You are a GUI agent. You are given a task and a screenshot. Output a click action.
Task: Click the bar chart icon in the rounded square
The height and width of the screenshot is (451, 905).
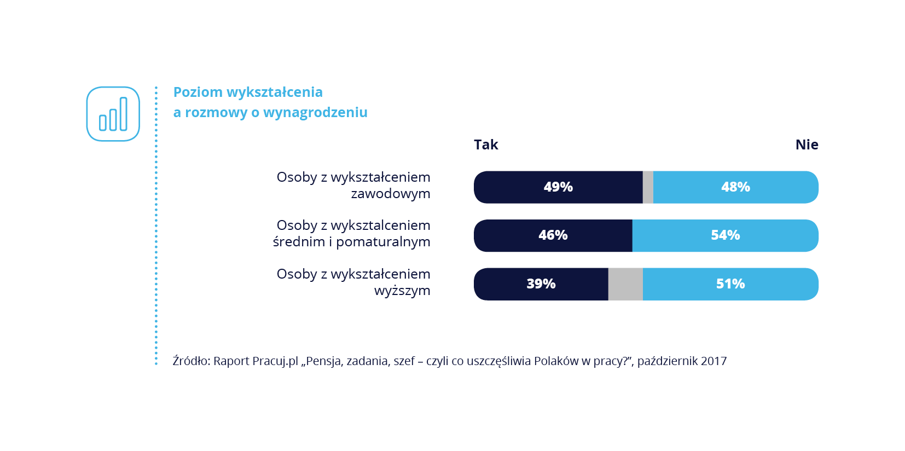pos(113,114)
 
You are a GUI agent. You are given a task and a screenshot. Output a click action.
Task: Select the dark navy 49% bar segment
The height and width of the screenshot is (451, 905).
pos(558,187)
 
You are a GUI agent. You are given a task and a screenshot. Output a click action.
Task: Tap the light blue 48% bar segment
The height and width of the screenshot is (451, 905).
pos(735,187)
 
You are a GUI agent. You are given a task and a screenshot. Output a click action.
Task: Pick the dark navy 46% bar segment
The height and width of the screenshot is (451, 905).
pos(553,235)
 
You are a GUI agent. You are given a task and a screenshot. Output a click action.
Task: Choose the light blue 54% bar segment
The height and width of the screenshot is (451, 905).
pos(725,235)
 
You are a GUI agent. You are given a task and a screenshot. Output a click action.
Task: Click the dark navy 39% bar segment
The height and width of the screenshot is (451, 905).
pos(541,284)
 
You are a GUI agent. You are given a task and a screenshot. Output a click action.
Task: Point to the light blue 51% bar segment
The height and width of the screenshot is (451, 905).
pos(730,284)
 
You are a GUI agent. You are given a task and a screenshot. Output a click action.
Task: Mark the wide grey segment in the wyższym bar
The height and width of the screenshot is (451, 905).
pos(625,284)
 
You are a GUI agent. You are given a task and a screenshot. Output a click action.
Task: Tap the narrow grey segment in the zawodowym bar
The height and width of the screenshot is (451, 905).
pos(648,187)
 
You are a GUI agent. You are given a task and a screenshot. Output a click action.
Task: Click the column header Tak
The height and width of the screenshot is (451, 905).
pos(486,144)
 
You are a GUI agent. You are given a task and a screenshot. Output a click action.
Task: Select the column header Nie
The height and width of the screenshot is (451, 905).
pos(807,144)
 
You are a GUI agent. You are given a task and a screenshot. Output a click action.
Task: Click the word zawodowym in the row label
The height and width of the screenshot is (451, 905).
pos(390,194)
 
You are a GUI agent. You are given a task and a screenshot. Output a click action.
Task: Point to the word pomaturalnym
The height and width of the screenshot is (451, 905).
pos(383,242)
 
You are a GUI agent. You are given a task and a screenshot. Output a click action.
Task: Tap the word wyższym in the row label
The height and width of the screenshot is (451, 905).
pos(402,291)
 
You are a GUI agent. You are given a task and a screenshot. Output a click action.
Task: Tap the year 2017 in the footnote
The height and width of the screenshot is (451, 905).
pos(713,361)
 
